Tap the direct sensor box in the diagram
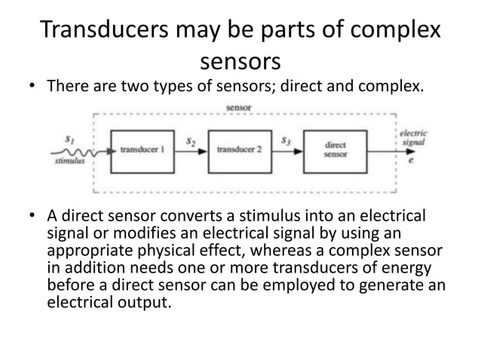[335, 149]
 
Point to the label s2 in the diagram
[191, 140]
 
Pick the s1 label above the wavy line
[70, 139]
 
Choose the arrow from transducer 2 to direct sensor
[287, 150]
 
